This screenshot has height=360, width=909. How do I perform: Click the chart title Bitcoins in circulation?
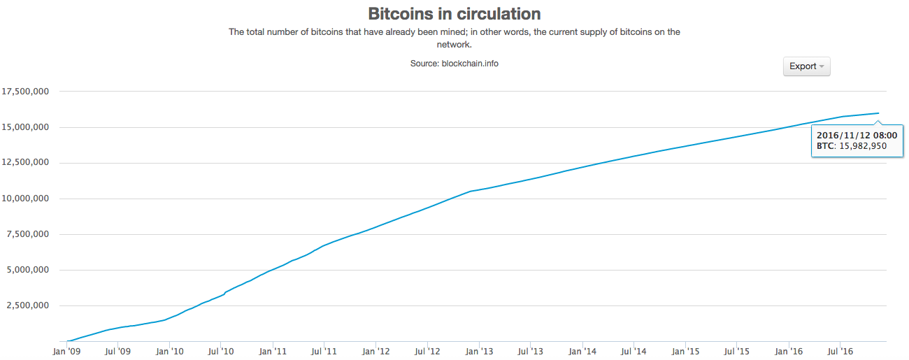[454, 13]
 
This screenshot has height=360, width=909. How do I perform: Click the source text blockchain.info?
[470, 63]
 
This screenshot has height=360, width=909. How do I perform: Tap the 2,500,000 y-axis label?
[27, 305]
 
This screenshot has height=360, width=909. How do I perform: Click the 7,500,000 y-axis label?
[27, 234]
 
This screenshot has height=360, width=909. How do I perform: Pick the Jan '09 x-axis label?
[67, 351]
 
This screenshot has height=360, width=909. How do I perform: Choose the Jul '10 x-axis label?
[221, 351]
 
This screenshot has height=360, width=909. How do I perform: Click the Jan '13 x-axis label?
[480, 351]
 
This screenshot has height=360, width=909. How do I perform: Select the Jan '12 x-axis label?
[377, 351]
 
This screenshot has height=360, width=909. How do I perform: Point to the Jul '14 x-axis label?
[634, 351]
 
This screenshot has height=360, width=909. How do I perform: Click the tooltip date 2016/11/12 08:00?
[857, 134]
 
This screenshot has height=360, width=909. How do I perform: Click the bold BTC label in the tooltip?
[825, 146]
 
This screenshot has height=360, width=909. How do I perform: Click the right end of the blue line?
[878, 113]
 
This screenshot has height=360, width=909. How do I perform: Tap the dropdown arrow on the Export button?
[822, 66]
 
